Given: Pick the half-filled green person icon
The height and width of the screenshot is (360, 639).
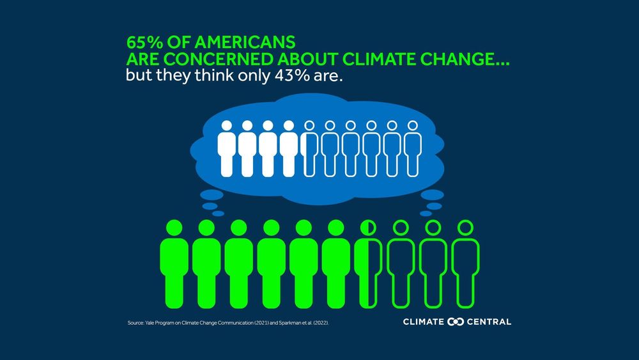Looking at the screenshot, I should click(x=369, y=262).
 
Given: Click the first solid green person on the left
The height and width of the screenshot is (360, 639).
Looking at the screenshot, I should click(x=174, y=262).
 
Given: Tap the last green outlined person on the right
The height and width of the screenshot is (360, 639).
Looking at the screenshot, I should click(x=465, y=262).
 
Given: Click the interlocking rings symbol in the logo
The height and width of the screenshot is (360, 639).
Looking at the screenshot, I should click(x=456, y=322).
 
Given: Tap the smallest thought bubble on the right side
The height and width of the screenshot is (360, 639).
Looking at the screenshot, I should click(x=424, y=211).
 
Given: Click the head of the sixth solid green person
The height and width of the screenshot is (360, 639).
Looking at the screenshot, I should click(x=337, y=227).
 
